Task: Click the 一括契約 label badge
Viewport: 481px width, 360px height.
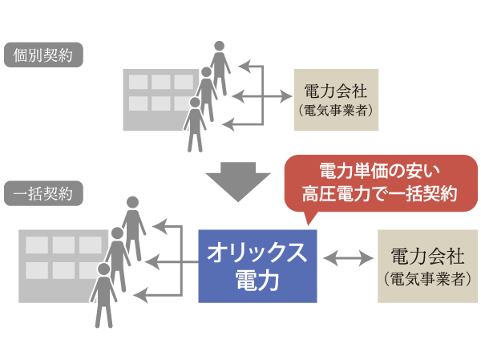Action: point(43,193)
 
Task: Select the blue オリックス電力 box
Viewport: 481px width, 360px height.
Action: point(257,266)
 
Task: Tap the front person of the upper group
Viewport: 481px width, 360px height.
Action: point(194,124)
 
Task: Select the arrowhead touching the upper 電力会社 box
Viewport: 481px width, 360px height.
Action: point(285,98)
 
